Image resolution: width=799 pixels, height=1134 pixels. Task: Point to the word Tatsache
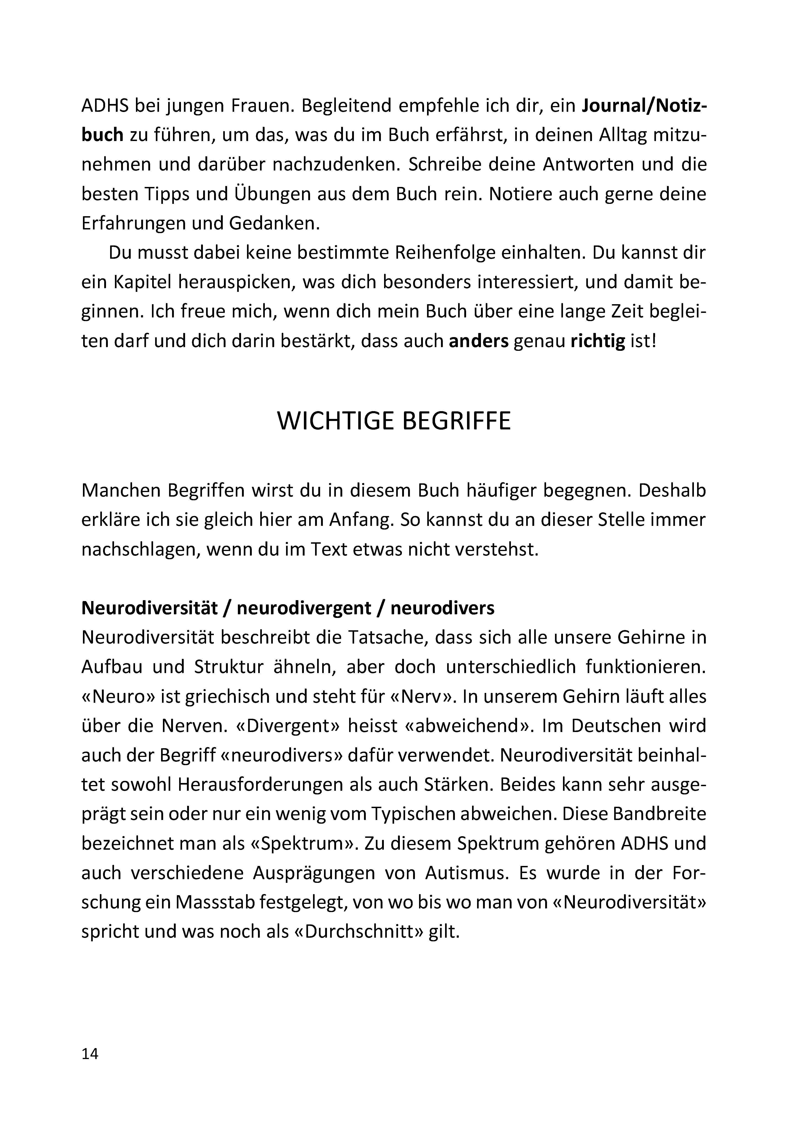click(388, 638)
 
